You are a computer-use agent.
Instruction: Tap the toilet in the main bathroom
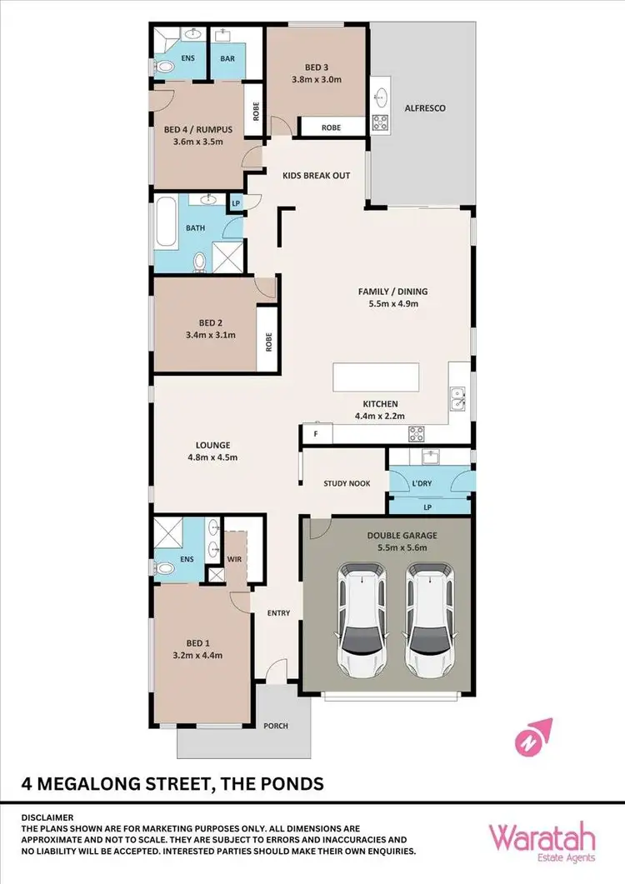coord(200,262)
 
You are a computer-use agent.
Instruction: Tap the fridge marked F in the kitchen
coord(316,434)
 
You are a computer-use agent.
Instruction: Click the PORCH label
coord(276,726)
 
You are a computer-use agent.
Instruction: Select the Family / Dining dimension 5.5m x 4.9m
coord(392,304)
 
